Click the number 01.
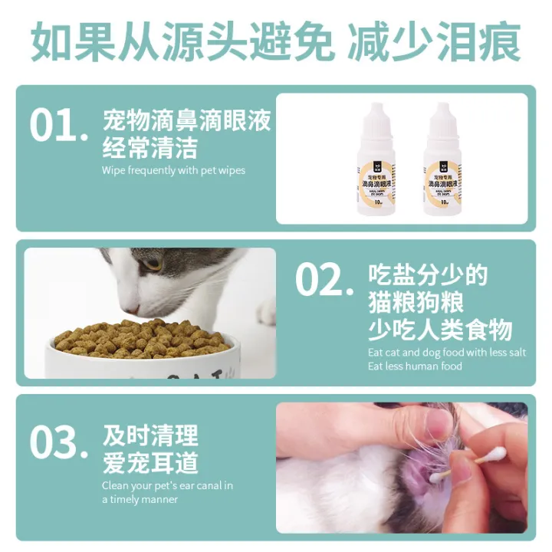click(x=58, y=126)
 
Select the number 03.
click(x=58, y=443)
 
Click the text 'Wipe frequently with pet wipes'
click(x=173, y=170)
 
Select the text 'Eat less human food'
click(x=415, y=366)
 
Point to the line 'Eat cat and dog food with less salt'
click(x=447, y=353)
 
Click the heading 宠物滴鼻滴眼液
click(x=187, y=121)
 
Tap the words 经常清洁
click(x=150, y=147)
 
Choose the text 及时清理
click(x=150, y=435)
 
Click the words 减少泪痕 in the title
click(x=434, y=42)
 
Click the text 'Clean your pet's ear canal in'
click(x=167, y=485)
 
